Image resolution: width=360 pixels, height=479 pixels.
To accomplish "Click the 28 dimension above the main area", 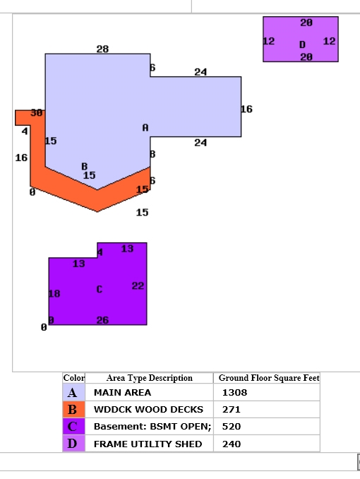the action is [x=102, y=49].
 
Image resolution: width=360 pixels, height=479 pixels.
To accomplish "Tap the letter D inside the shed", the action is [x=302, y=45].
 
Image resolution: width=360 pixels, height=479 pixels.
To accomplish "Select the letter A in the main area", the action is [x=145, y=128].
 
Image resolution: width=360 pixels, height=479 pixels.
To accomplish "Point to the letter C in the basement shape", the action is [x=100, y=289].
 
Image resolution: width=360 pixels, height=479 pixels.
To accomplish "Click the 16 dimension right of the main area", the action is [x=247, y=109].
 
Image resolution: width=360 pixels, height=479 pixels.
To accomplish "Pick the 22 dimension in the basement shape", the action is [x=138, y=285].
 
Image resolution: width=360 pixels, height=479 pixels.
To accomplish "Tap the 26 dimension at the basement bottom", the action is [x=102, y=320].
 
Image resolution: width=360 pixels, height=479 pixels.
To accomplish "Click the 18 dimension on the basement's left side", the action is [x=54, y=294].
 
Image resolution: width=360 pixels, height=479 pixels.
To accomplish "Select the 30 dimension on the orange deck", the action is [x=37, y=113].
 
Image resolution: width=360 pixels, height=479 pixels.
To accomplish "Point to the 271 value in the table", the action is [x=231, y=409].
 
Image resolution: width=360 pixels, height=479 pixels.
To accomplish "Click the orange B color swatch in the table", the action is [x=73, y=409].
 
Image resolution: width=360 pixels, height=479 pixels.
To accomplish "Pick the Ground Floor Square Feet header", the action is [x=269, y=378].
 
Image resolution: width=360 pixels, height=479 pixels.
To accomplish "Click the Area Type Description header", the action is [x=150, y=378].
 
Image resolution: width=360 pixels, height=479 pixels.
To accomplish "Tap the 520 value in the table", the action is [x=232, y=427].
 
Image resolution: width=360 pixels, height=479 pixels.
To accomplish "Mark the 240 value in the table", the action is [x=232, y=444].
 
